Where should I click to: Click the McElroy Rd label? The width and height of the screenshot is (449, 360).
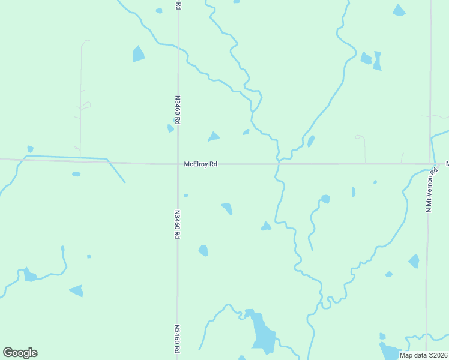pos(200,164)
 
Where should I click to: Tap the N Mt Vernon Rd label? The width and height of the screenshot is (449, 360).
pos(429,194)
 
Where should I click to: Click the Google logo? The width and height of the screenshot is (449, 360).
pos(20,353)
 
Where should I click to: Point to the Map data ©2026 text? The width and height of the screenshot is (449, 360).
pos(423,355)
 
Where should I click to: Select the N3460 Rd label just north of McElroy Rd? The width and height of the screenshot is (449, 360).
pos(178,109)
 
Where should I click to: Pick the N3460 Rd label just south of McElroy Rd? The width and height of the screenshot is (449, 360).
pos(177,224)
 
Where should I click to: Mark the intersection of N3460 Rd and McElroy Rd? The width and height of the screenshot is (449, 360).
pos(178,163)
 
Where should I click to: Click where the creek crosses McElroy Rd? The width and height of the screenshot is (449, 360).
pos(279,163)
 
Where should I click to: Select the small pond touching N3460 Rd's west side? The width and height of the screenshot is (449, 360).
pos(170,128)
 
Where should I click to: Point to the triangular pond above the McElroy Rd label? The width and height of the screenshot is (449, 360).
pos(214,137)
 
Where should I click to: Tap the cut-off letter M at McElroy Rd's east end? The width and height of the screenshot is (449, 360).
pos(447,163)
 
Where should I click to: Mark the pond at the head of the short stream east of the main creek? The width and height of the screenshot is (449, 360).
pos(325,199)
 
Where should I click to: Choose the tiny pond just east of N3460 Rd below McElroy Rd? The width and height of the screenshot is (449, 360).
pos(185,196)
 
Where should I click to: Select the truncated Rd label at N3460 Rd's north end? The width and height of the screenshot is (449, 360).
pos(178,5)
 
